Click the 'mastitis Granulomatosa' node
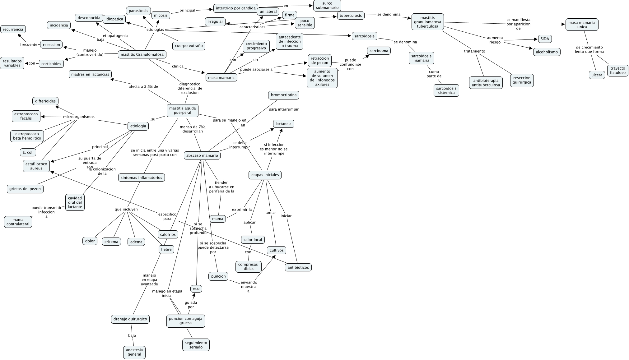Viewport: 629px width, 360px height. click(x=142, y=54)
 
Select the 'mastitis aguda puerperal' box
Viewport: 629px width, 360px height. click(x=183, y=110)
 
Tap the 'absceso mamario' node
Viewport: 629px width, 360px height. click(x=202, y=155)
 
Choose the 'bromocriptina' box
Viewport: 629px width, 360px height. click(x=283, y=95)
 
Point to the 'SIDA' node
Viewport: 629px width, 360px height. click(x=545, y=39)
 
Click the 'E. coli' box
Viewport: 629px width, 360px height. click(x=28, y=152)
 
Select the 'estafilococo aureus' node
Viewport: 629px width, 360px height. click(x=36, y=166)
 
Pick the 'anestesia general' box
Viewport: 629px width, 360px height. click(x=134, y=352)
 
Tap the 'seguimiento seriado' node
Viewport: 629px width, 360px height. click(x=196, y=345)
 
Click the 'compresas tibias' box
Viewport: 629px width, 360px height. click(x=249, y=267)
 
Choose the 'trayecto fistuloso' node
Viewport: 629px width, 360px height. click(x=618, y=71)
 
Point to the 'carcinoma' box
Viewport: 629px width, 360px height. click(x=379, y=51)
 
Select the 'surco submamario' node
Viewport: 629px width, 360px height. click(x=327, y=5)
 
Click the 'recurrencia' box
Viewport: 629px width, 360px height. click(x=13, y=29)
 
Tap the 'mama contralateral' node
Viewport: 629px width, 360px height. click(x=18, y=222)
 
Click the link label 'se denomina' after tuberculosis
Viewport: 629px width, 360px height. click(x=389, y=14)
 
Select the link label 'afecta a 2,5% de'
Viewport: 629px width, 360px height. click(x=143, y=86)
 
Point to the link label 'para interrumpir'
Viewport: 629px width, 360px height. click(x=284, y=109)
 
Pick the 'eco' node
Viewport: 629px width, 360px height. click(x=196, y=288)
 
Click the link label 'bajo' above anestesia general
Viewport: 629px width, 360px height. click(x=132, y=335)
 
